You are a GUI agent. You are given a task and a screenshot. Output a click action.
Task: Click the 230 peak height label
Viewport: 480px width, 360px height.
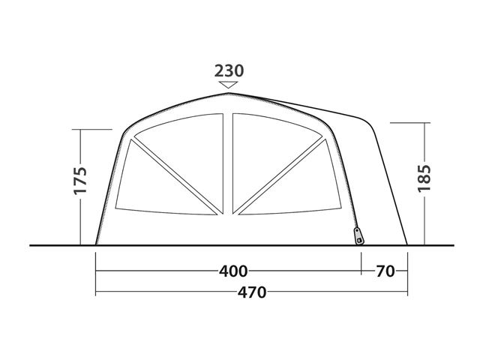[229, 71]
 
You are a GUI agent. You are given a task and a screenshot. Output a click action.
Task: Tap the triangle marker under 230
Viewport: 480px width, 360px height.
[228, 85]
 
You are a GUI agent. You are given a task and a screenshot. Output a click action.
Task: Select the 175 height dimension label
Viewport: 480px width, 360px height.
[80, 181]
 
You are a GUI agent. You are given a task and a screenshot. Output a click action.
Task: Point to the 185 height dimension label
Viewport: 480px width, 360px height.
[424, 178]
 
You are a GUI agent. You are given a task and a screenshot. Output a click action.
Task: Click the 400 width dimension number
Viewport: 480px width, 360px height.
[233, 271]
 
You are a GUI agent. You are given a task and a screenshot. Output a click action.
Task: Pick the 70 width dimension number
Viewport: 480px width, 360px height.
[385, 271]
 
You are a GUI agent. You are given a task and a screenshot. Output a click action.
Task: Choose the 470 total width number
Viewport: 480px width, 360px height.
[252, 292]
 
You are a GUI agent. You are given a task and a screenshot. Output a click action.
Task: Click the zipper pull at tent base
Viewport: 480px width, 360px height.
[358, 236]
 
